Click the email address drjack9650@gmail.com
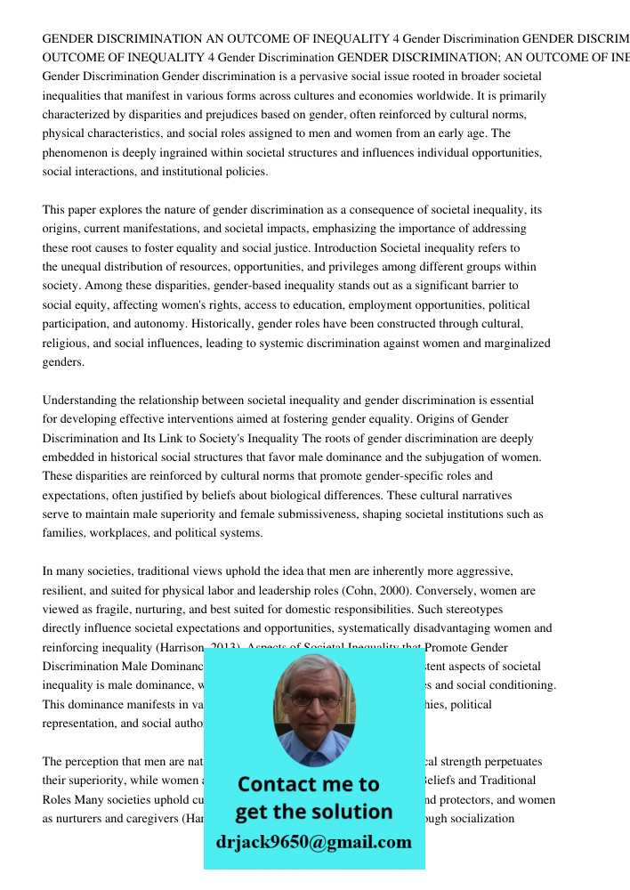[314, 841]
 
